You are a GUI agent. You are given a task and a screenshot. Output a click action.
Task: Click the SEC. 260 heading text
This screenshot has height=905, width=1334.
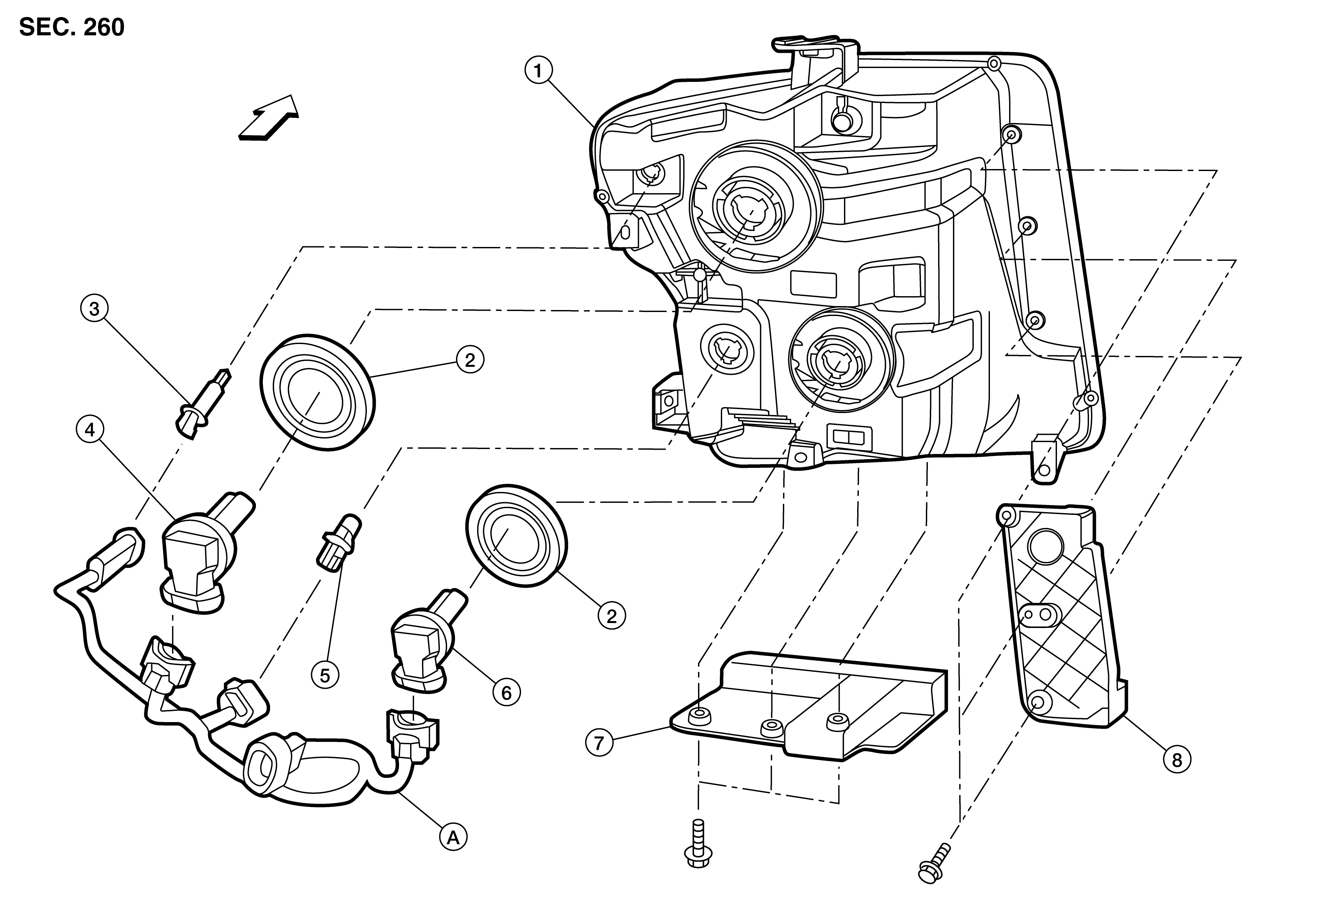pyautogui.click(x=72, y=27)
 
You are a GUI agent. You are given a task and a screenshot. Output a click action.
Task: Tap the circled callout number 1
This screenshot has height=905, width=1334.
pyautogui.click(x=538, y=72)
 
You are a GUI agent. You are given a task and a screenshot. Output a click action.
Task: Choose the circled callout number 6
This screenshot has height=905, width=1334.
pyautogui.click(x=506, y=693)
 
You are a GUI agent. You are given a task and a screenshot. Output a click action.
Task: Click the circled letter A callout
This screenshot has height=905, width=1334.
pyautogui.click(x=453, y=838)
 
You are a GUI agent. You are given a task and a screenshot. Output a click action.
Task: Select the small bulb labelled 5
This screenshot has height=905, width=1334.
pyautogui.click(x=339, y=542)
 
